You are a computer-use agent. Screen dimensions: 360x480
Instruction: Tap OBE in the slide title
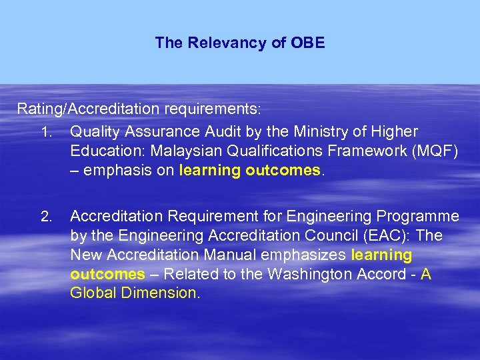point(308,43)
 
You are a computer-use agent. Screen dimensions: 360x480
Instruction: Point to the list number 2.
point(45,217)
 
